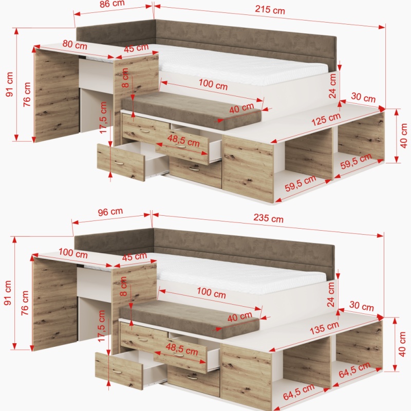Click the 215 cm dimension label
click(x=270, y=10)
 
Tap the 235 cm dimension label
click(x=268, y=218)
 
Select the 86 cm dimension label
click(x=112, y=4)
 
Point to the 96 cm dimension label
click(x=110, y=212)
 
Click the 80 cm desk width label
click(x=74, y=45)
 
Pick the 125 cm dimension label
click(x=326, y=119)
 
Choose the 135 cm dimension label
click(x=324, y=328)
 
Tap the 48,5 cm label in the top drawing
click(x=184, y=140)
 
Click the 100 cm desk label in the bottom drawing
click(x=73, y=253)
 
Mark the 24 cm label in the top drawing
click(x=332, y=86)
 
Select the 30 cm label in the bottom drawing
click(x=362, y=306)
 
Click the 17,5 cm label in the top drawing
click(x=103, y=118)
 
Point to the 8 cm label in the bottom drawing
click(x=123, y=287)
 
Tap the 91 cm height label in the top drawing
click(x=9, y=84)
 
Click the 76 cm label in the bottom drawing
click(x=25, y=303)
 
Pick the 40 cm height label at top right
click(x=404, y=136)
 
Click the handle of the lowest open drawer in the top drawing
click(x=119, y=163)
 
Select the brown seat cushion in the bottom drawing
click(x=190, y=318)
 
